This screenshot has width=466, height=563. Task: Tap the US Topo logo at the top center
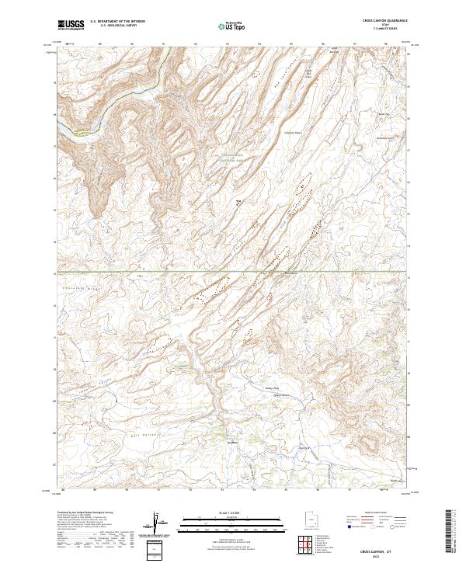[x=232, y=26]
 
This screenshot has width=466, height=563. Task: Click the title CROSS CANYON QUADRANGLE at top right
[x=385, y=21]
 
